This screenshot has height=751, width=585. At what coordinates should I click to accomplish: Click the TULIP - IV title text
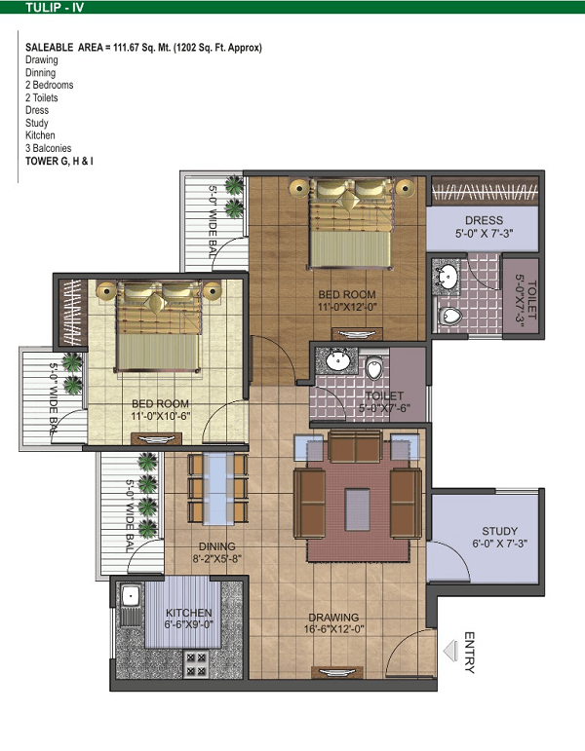click(x=55, y=7)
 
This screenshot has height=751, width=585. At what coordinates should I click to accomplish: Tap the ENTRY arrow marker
click(x=450, y=652)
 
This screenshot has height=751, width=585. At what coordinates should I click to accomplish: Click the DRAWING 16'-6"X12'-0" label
click(x=333, y=623)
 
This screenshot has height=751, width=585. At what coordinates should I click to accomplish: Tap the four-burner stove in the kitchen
click(x=196, y=664)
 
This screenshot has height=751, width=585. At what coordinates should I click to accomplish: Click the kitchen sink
click(x=130, y=596)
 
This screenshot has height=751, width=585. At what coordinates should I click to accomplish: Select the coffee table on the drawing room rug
click(x=357, y=509)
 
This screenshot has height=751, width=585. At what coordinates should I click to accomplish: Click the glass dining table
click(x=218, y=489)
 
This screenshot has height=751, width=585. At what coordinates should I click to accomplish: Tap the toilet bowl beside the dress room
click(x=449, y=316)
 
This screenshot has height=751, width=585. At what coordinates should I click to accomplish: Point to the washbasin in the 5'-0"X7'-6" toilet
click(x=337, y=360)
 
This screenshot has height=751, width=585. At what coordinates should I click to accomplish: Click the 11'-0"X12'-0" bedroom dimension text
click(x=347, y=307)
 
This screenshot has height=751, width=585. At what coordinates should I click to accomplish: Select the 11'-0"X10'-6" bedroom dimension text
click(x=161, y=416)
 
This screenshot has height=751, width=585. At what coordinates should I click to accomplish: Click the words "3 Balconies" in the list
click(x=49, y=148)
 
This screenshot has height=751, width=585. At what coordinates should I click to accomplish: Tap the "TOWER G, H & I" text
click(x=59, y=161)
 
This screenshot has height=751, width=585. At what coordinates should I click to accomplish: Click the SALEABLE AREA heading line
click(x=144, y=48)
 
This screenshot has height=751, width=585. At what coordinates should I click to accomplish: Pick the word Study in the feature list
click(x=37, y=123)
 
